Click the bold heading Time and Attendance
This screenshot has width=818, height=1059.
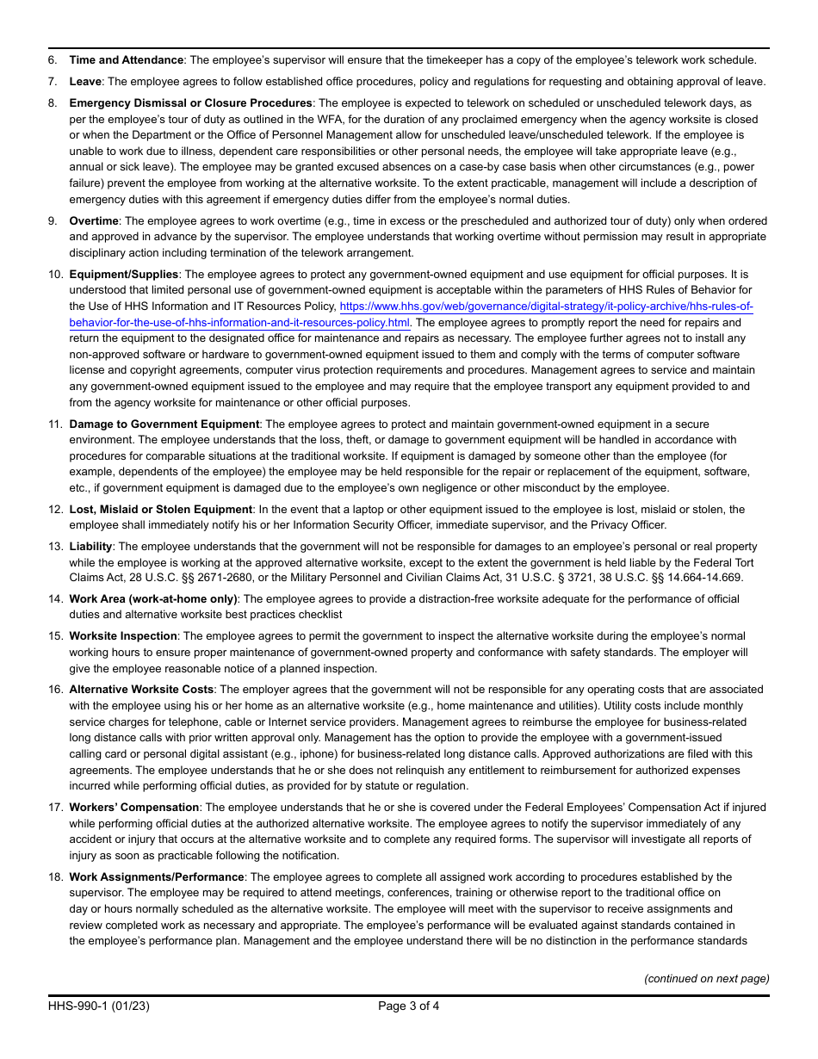(x=126, y=60)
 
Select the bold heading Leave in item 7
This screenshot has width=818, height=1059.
(x=85, y=82)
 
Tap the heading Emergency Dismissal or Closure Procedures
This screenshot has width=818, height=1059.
(x=190, y=103)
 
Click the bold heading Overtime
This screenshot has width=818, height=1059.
(x=94, y=221)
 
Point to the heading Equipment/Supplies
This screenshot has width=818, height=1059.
(x=123, y=275)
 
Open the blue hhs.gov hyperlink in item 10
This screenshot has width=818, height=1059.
(x=546, y=307)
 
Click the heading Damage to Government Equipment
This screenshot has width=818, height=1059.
(x=164, y=424)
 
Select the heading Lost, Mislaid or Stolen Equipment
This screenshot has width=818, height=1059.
(x=161, y=510)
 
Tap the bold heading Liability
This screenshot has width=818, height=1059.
(x=90, y=547)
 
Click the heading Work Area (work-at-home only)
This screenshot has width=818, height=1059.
(x=153, y=599)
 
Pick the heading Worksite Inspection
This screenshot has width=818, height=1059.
(x=123, y=636)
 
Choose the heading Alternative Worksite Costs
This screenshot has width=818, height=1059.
(x=141, y=690)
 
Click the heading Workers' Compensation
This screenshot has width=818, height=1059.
(x=134, y=808)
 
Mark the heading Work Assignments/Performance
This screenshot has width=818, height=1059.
(x=157, y=877)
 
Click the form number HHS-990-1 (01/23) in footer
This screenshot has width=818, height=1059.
(x=99, y=1006)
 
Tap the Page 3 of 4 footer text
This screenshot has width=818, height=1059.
(x=408, y=1006)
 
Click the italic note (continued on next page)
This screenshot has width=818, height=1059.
(x=707, y=978)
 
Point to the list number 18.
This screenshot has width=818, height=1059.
(x=55, y=877)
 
